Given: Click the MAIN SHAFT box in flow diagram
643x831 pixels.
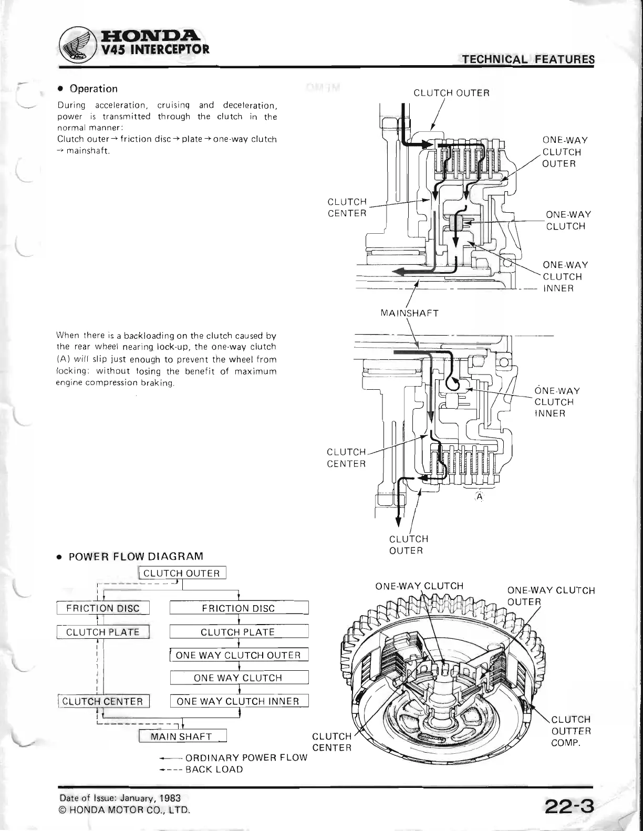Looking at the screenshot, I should click(182, 736).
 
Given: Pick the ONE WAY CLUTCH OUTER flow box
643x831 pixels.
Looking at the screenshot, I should click(238, 655).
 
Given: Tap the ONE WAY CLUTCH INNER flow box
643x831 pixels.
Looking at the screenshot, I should click(238, 701).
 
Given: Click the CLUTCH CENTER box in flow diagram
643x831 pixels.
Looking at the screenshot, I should click(103, 701).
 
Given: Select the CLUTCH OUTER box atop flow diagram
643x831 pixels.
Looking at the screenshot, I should click(182, 573).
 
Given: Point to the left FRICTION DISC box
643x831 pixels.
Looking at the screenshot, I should click(103, 608).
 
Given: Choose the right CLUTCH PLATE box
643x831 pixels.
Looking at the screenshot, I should click(238, 632).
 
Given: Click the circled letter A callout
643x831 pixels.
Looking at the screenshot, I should click(480, 497).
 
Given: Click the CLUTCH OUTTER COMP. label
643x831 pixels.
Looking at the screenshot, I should click(571, 731).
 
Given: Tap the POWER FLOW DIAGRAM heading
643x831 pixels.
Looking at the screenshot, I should click(136, 556).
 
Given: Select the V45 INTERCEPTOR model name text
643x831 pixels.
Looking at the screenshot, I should click(149, 50).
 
